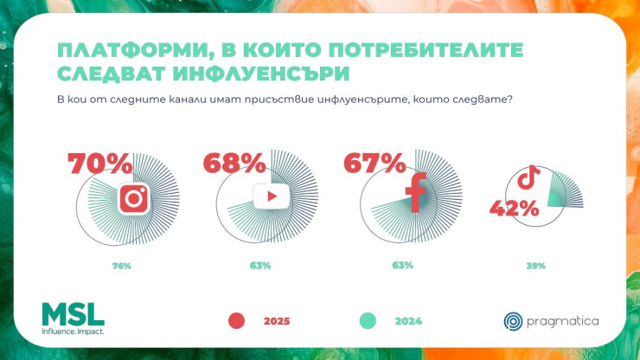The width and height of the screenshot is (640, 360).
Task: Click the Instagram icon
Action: pos(134,198)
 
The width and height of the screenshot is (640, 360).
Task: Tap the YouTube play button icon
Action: pos(271,196)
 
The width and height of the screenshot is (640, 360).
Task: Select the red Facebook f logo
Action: pos(416,192)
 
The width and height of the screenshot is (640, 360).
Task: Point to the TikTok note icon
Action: pos(529,177)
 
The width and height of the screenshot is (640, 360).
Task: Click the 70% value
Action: pos(100,164)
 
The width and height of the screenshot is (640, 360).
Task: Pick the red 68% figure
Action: pos(234,163)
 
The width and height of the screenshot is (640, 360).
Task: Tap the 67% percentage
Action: pos(374,163)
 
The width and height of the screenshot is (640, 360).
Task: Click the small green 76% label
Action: pos(122,266)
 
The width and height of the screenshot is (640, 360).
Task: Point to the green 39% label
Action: pos(536,266)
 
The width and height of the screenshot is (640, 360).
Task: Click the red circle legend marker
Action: pos(236,321)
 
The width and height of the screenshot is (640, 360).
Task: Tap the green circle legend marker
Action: pos(368,321)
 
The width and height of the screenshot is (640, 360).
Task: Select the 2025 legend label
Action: pos(277,321)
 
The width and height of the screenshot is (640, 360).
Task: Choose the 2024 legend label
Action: pos(408,321)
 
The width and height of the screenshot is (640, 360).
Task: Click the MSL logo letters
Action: pos(73,314)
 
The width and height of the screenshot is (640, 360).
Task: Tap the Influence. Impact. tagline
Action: pos(73,331)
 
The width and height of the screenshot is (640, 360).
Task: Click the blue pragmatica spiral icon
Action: pos(513,321)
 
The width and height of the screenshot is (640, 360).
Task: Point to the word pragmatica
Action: pos(563,322)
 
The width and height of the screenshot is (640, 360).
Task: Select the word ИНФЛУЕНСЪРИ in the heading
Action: pos(261,74)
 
